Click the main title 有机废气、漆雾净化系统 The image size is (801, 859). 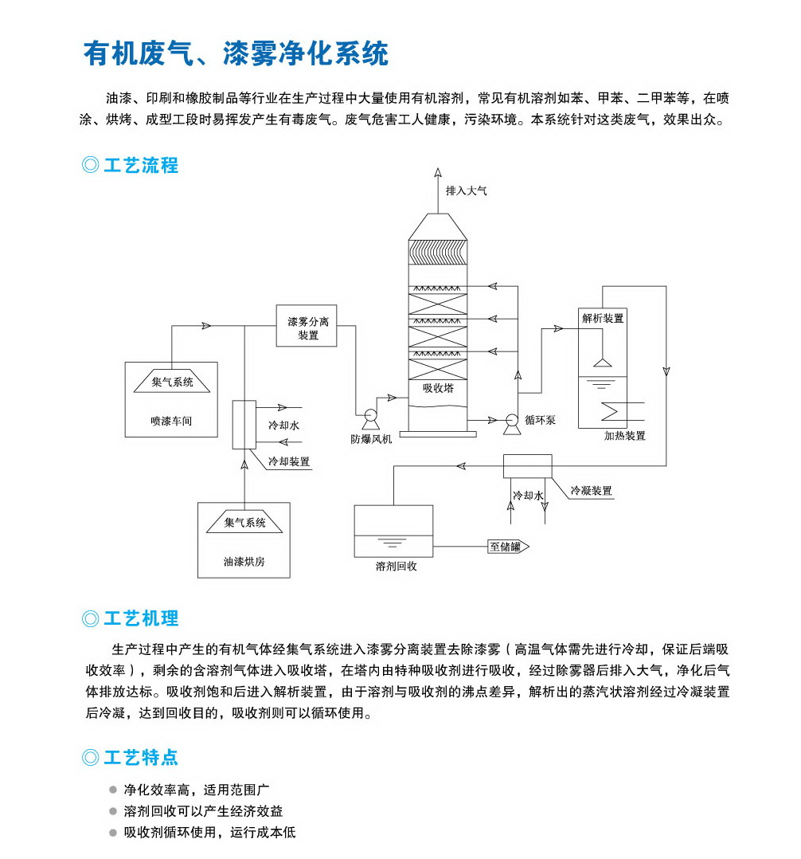coord(236,53)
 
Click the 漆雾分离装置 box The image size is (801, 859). coord(307,327)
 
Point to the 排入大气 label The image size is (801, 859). coord(466,191)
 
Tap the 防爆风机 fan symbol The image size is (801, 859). coord(370,415)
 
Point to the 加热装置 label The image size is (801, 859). coord(624,436)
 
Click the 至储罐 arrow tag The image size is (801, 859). coord(508,547)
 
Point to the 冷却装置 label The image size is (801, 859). coord(289,461)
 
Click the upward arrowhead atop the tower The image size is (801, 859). coord(437,171)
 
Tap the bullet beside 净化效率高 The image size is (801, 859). coord(114,790)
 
